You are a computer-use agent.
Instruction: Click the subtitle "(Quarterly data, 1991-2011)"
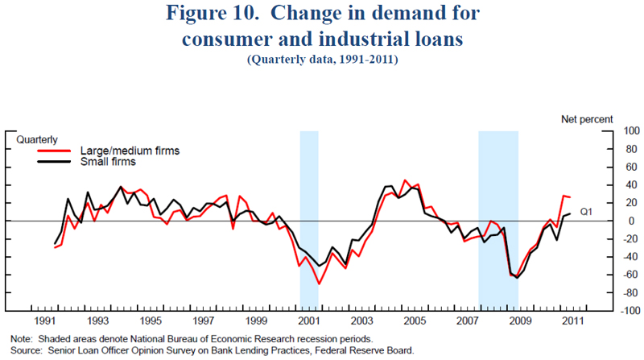321,60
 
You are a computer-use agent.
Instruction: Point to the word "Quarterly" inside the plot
37,140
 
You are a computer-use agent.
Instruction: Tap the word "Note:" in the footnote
23,338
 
